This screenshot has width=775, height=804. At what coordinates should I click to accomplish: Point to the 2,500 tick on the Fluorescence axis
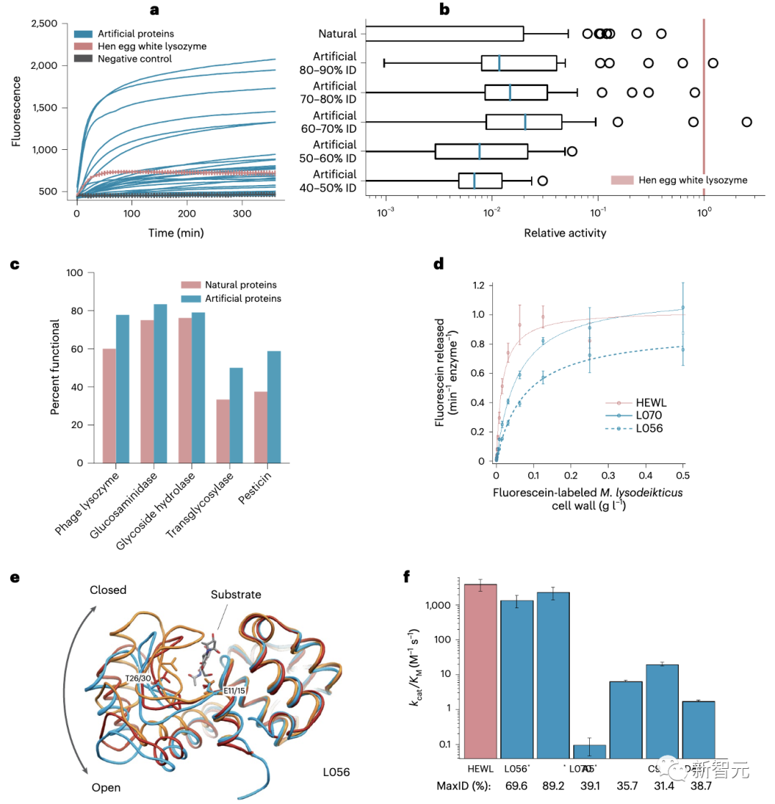tap(44, 24)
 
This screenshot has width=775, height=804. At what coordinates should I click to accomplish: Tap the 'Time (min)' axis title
tap(177, 232)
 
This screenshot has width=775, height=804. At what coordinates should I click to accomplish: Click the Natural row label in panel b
tap(337, 33)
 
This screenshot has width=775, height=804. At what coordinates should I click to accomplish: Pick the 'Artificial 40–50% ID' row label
tap(334, 181)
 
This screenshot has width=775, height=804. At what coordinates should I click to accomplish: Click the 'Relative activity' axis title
tap(565, 232)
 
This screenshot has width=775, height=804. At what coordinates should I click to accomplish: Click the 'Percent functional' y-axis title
tap(55, 368)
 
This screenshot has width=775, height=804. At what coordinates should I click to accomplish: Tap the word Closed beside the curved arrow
tap(108, 590)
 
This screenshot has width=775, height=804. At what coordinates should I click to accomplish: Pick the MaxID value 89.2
tap(554, 787)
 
